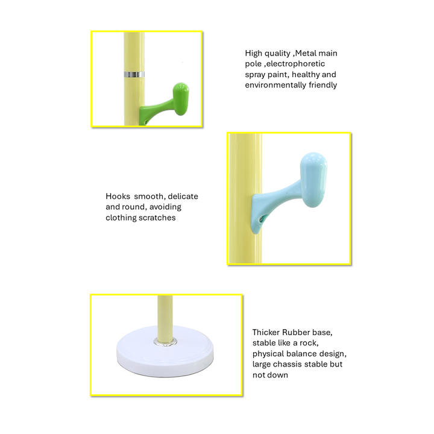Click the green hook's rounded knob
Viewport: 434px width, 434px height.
pos(181,99)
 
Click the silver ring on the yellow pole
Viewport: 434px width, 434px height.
pos(134,75)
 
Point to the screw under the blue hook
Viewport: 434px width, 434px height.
pos(261,219)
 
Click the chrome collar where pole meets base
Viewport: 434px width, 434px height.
pos(166,342)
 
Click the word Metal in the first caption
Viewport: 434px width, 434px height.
pos(305,53)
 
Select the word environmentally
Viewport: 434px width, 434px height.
pos(275,85)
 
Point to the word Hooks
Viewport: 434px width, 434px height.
pos(118,197)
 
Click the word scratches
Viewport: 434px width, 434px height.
pos(159,218)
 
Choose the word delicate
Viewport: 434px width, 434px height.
pos(183,197)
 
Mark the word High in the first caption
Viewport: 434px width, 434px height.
pos(254,54)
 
